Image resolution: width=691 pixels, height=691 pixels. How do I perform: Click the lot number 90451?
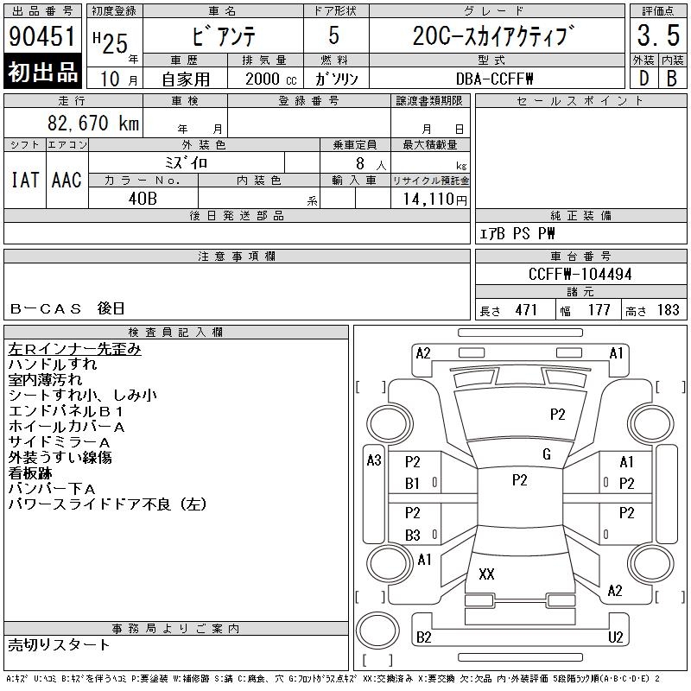(x=41, y=36)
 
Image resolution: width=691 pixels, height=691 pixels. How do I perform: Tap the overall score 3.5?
(x=658, y=35)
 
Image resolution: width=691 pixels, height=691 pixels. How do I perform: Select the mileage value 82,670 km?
(x=93, y=123)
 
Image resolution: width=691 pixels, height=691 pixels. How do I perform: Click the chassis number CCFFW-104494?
(x=580, y=274)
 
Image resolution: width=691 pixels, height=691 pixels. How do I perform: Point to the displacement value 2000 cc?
(x=270, y=79)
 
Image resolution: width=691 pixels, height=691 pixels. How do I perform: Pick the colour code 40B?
(x=143, y=199)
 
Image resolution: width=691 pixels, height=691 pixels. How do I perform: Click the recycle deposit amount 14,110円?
(x=434, y=200)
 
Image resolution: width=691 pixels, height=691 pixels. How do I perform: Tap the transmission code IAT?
(x=25, y=180)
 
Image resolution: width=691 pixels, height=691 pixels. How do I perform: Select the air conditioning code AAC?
(x=67, y=180)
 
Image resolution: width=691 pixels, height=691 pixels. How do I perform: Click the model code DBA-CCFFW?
(x=494, y=79)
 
